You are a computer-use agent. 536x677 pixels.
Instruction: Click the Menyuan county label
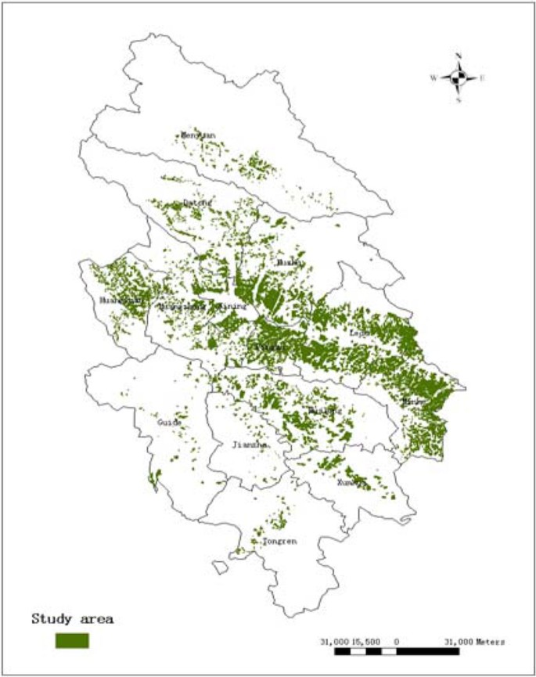tap(197, 135)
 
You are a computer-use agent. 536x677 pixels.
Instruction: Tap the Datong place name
tap(197, 203)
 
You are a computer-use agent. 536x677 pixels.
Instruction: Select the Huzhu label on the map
tap(287, 263)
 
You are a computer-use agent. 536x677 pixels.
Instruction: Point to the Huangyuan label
tap(122, 300)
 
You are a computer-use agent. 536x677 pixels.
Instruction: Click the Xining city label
tap(232, 307)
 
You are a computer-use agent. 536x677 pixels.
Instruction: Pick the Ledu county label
tap(359, 332)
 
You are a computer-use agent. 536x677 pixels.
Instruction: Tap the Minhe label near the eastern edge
tap(413, 402)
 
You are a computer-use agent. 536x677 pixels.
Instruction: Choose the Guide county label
tap(169, 422)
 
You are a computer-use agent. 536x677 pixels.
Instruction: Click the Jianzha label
tap(250, 445)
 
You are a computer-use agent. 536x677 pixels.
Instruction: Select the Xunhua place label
tap(350, 483)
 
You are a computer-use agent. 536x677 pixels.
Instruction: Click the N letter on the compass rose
tap(459, 56)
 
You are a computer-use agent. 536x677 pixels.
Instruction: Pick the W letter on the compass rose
tap(433, 77)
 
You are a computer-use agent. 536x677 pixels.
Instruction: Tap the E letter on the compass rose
tap(483, 77)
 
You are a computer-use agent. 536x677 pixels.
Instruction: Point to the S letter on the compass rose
tap(459, 99)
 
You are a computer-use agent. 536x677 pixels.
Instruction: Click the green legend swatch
tap(72, 640)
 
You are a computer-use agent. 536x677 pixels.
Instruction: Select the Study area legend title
tap(73, 619)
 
